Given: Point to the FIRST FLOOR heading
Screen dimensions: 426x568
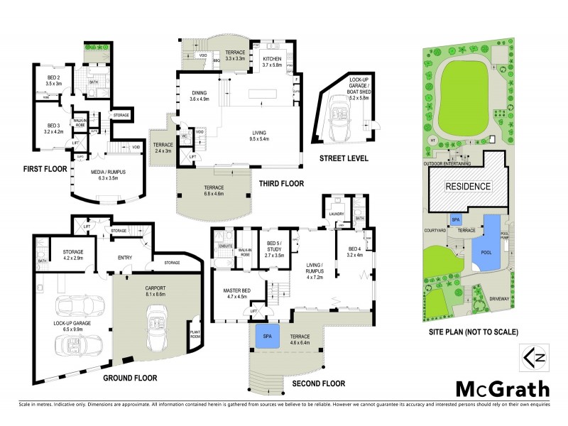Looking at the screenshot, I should point(44,169).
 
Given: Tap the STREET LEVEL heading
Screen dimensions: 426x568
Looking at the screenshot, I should point(344,158).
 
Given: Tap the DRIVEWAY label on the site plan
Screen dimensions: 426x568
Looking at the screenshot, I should point(499,299).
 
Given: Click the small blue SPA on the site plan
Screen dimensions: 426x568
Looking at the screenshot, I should point(456,220).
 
